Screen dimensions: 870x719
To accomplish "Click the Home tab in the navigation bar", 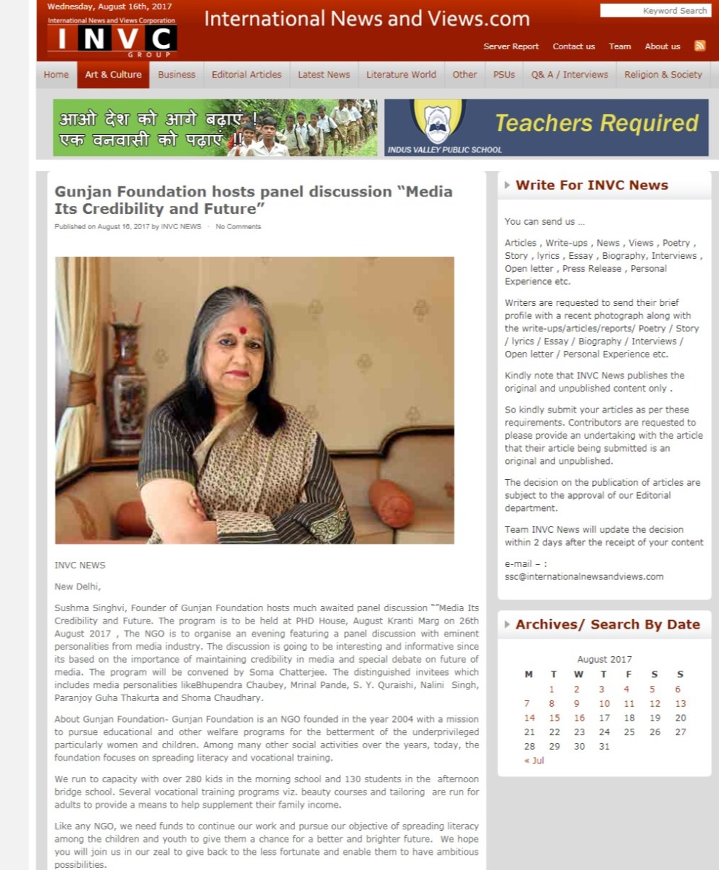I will pos(56,75).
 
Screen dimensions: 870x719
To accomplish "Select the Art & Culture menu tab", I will pos(113,75).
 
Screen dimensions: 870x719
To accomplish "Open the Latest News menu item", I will pos(323,75).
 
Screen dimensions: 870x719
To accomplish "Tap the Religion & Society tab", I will pos(662,75).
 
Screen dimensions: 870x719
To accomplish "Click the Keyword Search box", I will pos(654,11).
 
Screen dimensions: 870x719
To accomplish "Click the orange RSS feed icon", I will pos(699,46).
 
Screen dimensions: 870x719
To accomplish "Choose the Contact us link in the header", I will pos(573,46).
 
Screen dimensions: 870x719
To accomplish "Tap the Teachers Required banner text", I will pos(596,123).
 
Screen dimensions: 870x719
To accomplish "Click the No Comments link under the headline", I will pos(238,227).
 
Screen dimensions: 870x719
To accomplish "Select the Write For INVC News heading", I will pos(591,186).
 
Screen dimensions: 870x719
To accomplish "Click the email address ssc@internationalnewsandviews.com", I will pos(583,576).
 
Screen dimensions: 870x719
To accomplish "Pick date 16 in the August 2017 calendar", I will pos(579,718).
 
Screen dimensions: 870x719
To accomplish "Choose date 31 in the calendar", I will pos(604,746).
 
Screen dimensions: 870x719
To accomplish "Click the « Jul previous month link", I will pos(533,761).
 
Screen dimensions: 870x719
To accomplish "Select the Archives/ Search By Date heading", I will pos(607,625).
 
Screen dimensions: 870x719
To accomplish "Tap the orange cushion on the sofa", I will pos(391,502).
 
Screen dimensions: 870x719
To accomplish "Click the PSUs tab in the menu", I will pos(504,75).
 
